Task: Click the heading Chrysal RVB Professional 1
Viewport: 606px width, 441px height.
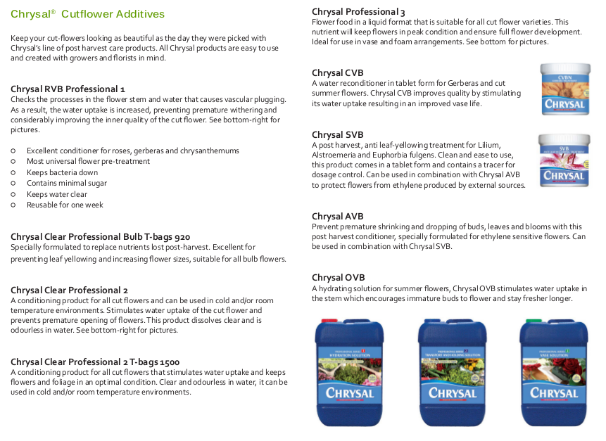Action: pyautogui.click(x=68, y=89)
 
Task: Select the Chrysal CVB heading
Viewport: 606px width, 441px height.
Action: pyautogui.click(x=337, y=73)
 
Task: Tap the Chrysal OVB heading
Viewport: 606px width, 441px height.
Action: pyautogui.click(x=338, y=278)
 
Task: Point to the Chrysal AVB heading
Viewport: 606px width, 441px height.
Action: pyautogui.click(x=337, y=217)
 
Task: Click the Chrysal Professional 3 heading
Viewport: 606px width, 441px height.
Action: pyautogui.click(x=358, y=12)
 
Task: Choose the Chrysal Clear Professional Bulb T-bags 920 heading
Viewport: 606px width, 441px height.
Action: pyautogui.click(x=100, y=237)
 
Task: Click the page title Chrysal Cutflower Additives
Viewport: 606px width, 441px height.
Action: pyautogui.click(x=87, y=14)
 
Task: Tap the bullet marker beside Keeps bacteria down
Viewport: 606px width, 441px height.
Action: pyautogui.click(x=13, y=172)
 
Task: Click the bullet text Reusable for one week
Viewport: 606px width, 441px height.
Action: pyautogui.click(x=65, y=205)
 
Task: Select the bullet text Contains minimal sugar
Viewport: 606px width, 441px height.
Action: pyautogui.click(x=66, y=183)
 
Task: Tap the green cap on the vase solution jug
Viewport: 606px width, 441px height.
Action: pyautogui.click(x=534, y=321)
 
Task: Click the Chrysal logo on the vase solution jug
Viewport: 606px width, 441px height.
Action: pyautogui.click(x=553, y=393)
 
